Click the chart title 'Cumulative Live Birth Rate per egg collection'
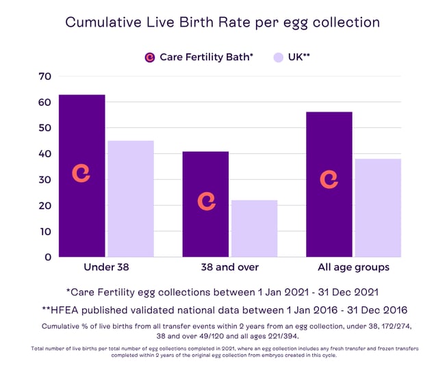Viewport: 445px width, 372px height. pyautogui.click(x=222, y=22)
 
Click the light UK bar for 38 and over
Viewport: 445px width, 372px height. pyautogui.click(x=254, y=228)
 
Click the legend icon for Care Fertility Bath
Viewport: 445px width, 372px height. pyautogui.click(x=150, y=57)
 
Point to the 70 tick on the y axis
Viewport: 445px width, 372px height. pyautogui.click(x=44, y=77)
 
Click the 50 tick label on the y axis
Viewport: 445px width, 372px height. pyautogui.click(x=44, y=129)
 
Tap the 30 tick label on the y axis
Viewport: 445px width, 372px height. pyautogui.click(x=44, y=180)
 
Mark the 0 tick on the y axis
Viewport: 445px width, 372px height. pyautogui.click(x=47, y=257)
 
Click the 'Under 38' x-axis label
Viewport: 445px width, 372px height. pyautogui.click(x=106, y=267)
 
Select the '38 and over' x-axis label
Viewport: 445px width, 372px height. pyautogui.click(x=230, y=267)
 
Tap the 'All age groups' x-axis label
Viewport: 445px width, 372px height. pyautogui.click(x=353, y=267)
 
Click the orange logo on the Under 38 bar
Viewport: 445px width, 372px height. pyautogui.click(x=81, y=174)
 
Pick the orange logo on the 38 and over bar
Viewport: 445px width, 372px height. pyautogui.click(x=206, y=201)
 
